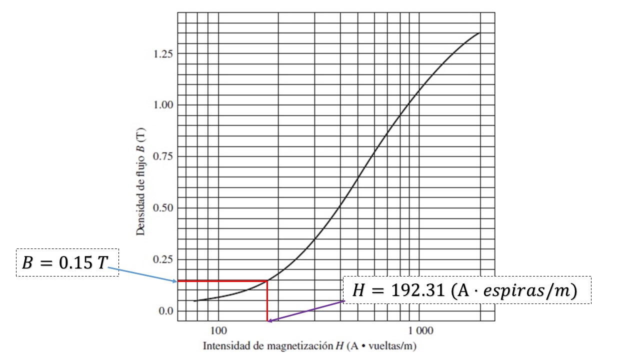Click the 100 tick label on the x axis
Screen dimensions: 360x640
coord(218,330)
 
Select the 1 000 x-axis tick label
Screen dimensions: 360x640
coord(418,330)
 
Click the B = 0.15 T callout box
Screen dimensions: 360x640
coord(67,262)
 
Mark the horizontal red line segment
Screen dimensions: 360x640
coord(222,281)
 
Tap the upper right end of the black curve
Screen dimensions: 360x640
coord(479,33)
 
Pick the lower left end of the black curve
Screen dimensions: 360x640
coord(194,300)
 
